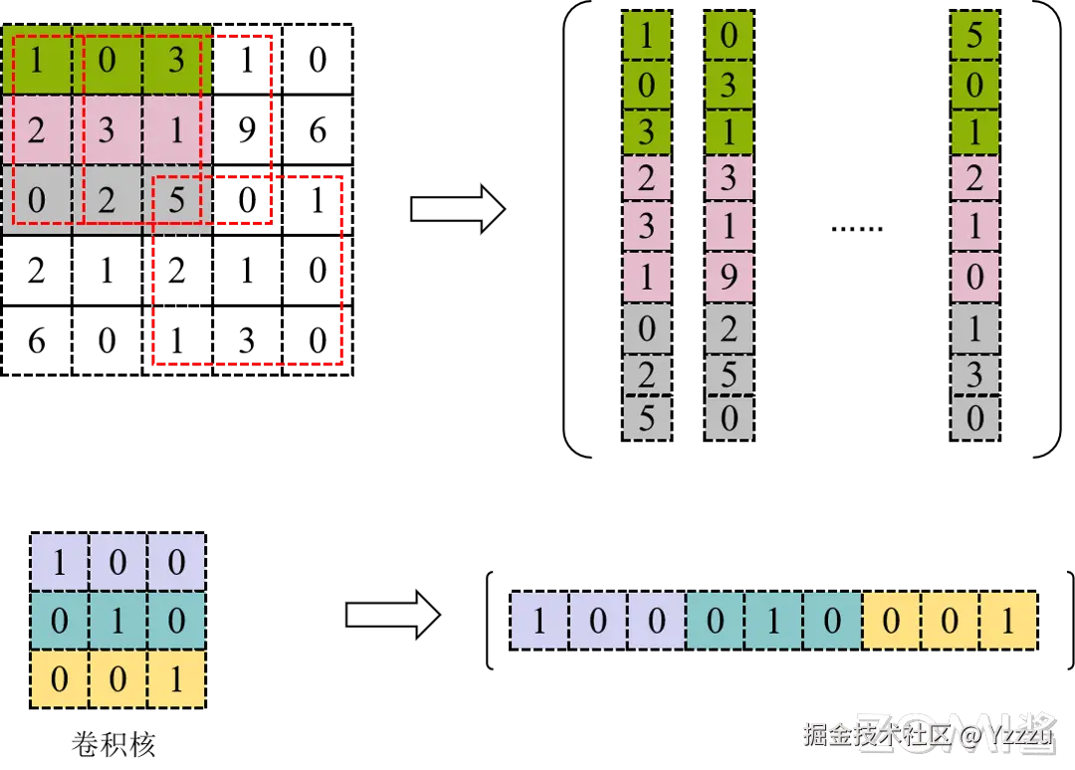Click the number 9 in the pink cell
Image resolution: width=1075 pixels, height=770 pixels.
click(x=729, y=276)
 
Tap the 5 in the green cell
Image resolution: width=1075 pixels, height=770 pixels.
click(x=974, y=36)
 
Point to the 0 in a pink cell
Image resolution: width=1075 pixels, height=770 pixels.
click(x=974, y=276)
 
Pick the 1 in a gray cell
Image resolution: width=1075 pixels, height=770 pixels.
click(x=974, y=325)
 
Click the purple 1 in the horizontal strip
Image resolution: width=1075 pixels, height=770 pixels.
click(x=539, y=622)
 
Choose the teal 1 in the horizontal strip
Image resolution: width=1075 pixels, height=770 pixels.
click(x=773, y=622)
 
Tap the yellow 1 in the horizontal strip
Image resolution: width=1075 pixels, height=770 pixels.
click(x=1008, y=622)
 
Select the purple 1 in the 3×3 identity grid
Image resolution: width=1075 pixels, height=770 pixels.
click(x=59, y=563)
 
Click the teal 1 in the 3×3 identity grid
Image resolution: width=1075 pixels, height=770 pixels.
click(x=117, y=622)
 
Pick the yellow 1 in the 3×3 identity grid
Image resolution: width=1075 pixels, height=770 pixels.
click(x=176, y=680)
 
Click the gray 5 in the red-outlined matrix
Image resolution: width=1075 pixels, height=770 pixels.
click(x=176, y=200)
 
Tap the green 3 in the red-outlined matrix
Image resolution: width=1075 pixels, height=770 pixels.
click(x=176, y=61)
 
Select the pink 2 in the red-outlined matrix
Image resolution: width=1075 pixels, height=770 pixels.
click(x=37, y=130)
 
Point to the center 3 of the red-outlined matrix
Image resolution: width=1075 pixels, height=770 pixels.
click(x=107, y=130)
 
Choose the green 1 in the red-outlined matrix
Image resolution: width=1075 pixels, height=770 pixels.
click(x=37, y=61)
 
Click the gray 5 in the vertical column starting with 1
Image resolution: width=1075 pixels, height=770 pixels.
click(x=647, y=419)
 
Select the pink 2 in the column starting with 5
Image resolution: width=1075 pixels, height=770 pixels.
click(x=974, y=179)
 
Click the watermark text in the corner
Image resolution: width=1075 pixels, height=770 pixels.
click(x=926, y=735)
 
